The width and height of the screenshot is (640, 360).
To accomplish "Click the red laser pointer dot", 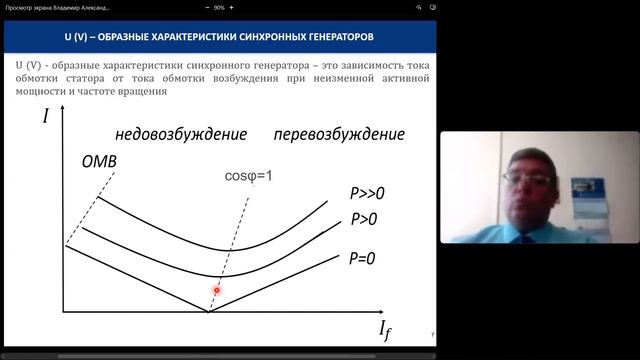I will (x=216, y=290).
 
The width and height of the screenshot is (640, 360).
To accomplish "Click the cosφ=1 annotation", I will (x=248, y=176).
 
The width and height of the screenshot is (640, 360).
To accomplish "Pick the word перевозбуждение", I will (x=338, y=134).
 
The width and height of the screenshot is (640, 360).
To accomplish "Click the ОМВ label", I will (x=100, y=161).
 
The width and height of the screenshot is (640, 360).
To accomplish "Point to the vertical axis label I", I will (x=46, y=116).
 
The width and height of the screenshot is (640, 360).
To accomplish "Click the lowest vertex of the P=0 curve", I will (x=208, y=311).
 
